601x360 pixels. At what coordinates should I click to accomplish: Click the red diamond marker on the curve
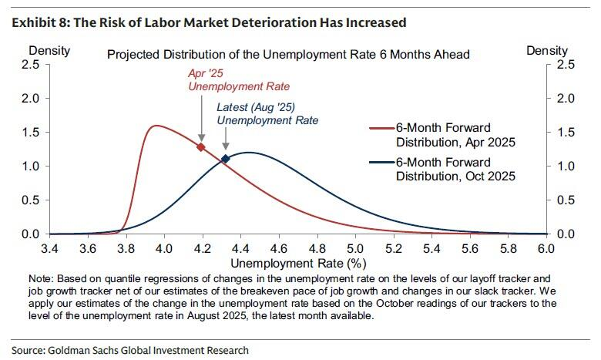click(201, 146)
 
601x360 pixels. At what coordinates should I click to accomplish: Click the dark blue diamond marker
click(226, 159)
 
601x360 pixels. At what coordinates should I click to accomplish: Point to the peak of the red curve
click(156, 126)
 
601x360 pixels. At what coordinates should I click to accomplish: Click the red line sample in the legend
click(381, 128)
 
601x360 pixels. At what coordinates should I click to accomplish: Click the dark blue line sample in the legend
click(381, 163)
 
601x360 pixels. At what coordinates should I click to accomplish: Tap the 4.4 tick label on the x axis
click(240, 248)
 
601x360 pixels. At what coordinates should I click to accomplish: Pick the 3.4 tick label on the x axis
click(50, 248)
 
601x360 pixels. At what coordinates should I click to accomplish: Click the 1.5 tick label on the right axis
click(565, 133)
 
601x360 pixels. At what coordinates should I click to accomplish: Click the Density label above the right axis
click(546, 51)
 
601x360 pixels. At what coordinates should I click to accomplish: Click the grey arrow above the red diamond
click(201, 122)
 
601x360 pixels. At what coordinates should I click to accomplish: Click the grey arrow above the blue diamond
click(225, 139)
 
